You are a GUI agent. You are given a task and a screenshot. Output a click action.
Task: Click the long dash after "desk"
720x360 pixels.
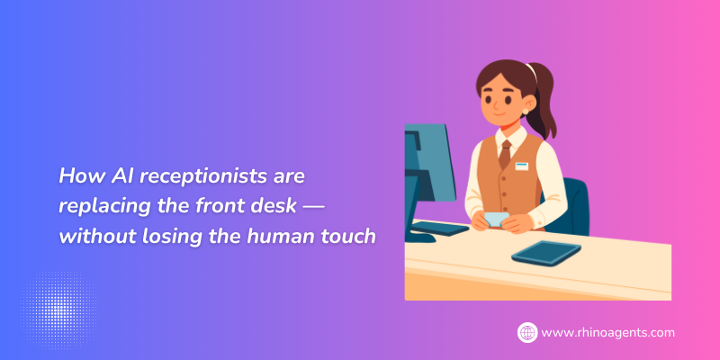click(x=313, y=208)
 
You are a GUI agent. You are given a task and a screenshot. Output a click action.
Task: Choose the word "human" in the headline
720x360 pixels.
click(x=281, y=237)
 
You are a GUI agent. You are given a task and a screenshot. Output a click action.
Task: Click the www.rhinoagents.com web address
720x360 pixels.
click(x=608, y=332)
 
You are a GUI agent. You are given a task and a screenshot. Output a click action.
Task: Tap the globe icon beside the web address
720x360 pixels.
click(x=527, y=332)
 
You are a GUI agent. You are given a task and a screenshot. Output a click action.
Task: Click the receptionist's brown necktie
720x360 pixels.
click(x=505, y=154)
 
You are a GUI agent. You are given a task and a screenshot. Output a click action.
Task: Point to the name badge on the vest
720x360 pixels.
click(x=522, y=166)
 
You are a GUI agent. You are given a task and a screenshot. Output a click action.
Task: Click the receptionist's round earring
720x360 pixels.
click(x=526, y=111)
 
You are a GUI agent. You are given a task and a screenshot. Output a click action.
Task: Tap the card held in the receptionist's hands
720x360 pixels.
click(x=497, y=219)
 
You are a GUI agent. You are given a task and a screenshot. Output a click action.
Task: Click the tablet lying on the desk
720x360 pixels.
click(x=546, y=252)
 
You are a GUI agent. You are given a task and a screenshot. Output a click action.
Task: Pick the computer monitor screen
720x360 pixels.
click(x=430, y=163)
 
